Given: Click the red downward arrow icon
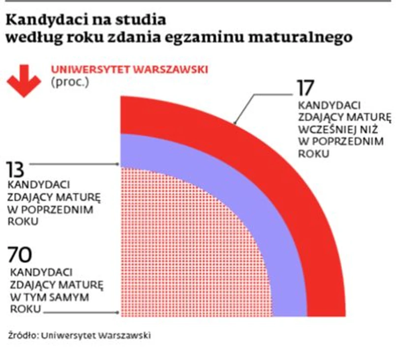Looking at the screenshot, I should [x=24, y=79].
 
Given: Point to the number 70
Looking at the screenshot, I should [x=20, y=255].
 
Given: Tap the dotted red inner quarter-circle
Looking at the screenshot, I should [x=187, y=246].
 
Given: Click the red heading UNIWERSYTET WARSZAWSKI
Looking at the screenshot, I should [x=129, y=69].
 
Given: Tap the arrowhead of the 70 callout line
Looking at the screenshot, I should [x=118, y=312].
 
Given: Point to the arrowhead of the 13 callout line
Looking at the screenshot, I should [x=118, y=164].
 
